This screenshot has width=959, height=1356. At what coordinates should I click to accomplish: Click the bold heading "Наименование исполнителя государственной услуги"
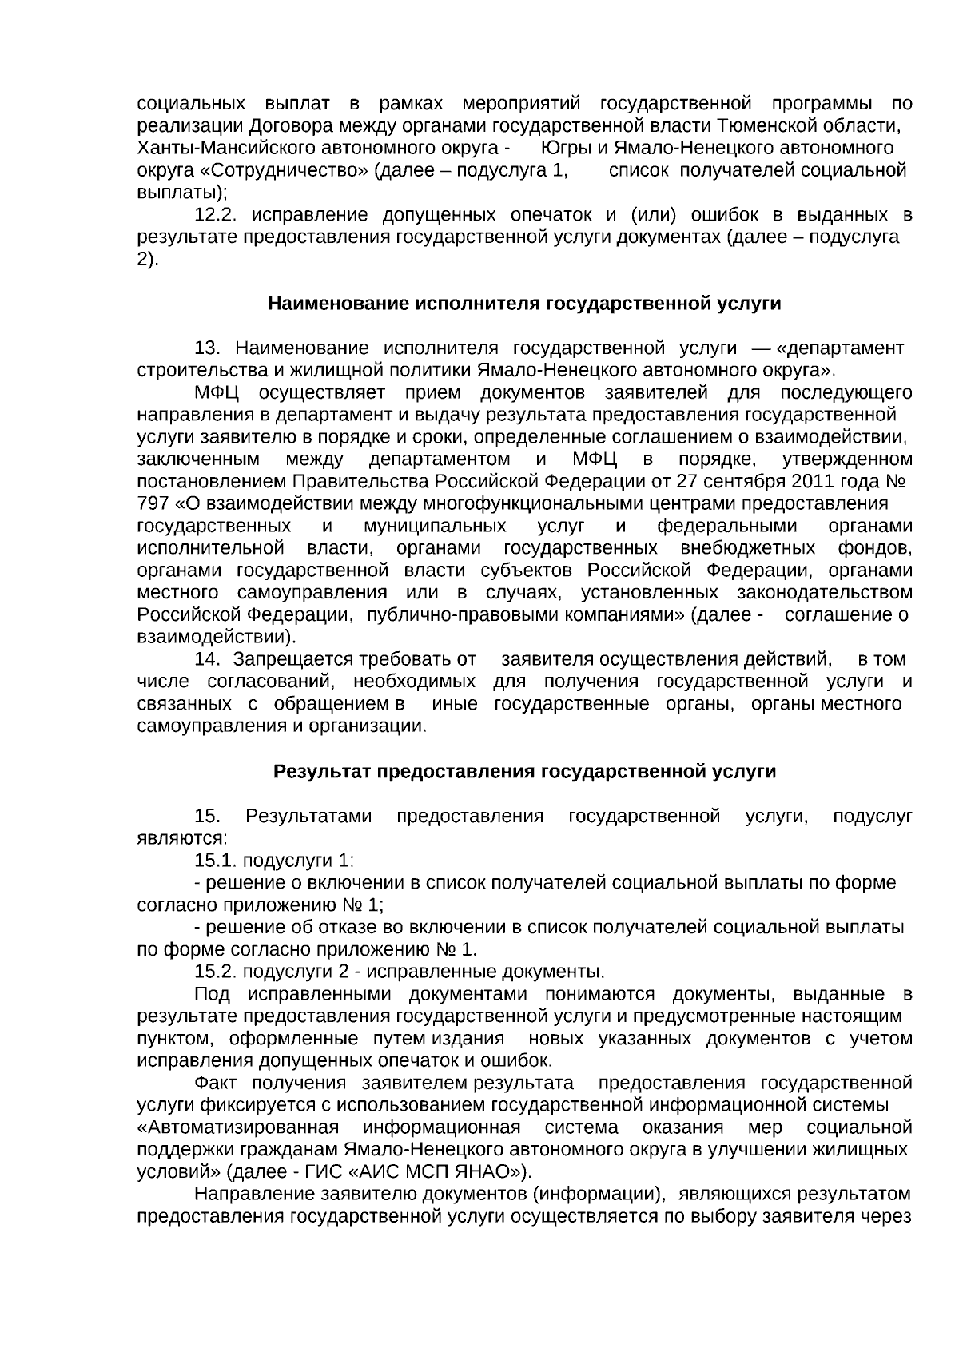[x=523, y=304]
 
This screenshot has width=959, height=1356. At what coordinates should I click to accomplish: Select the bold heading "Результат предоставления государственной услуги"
[x=524, y=771]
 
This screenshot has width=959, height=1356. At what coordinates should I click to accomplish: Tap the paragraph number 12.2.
[x=217, y=215]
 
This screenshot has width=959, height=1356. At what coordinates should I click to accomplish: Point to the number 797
[x=153, y=503]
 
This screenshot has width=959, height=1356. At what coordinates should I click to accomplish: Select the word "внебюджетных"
[x=748, y=548]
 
